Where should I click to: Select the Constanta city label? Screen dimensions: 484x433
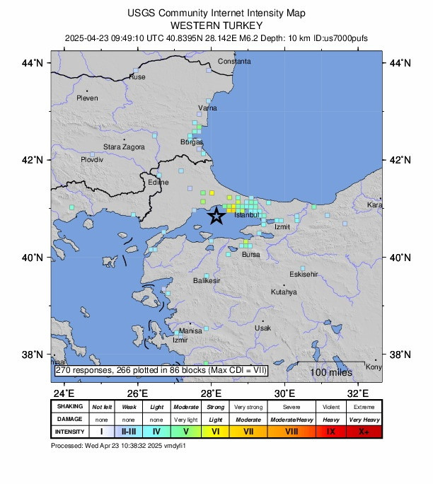click(234, 62)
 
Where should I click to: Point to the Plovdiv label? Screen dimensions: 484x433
click(92, 160)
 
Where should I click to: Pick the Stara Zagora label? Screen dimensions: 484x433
click(125, 146)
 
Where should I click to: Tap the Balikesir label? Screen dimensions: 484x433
click(207, 281)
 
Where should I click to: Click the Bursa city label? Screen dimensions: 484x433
click(250, 254)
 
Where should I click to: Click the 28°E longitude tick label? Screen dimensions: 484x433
click(211, 393)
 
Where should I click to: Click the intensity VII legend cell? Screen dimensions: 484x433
click(248, 431)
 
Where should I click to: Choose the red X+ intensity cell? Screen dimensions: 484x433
click(365, 431)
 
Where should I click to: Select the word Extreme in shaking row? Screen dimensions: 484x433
click(365, 407)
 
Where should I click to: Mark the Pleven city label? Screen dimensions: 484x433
click(87, 98)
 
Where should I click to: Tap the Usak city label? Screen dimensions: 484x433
click(262, 328)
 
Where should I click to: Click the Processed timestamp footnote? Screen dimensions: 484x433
click(124, 446)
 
